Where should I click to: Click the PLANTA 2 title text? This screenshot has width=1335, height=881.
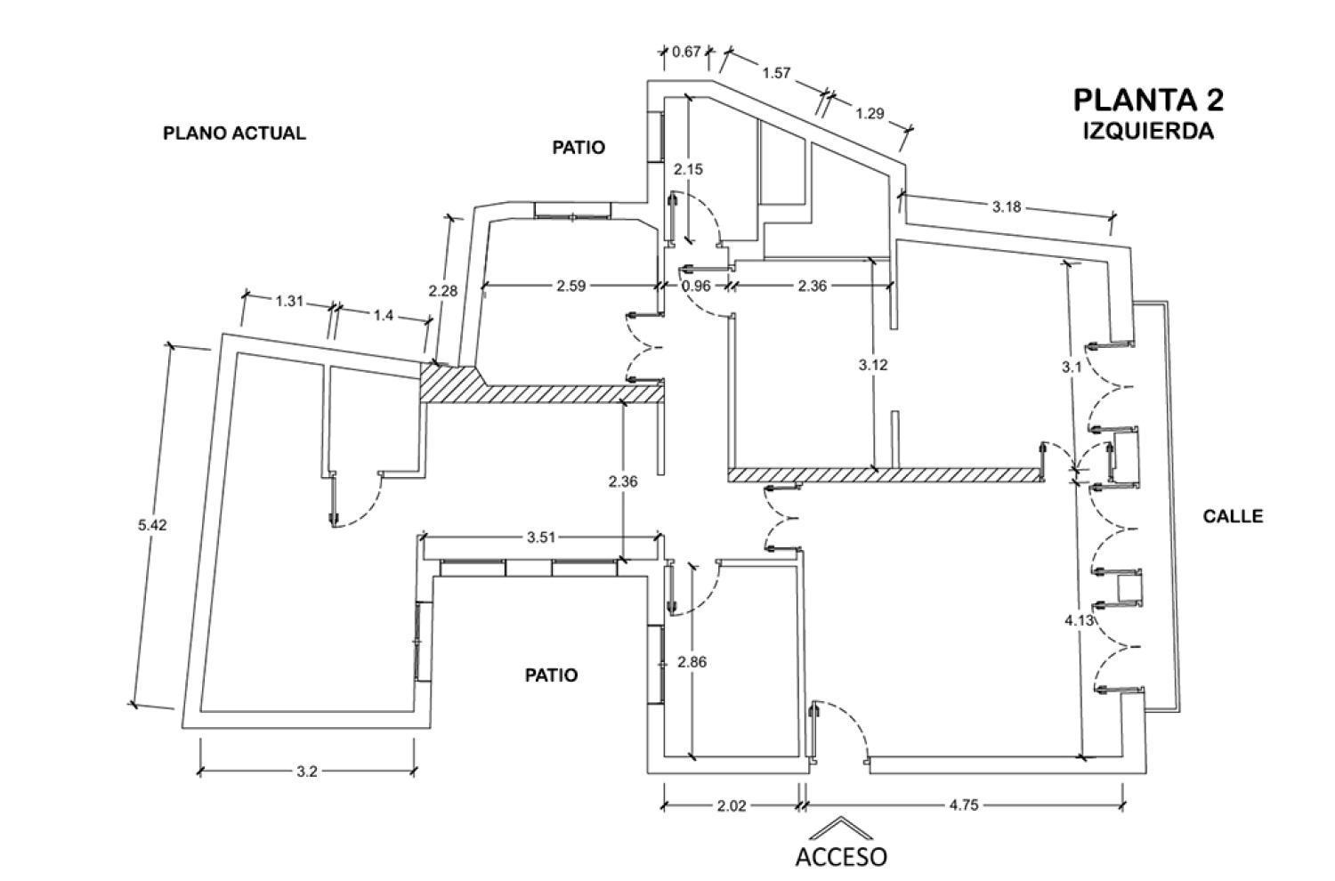pos(1148,100)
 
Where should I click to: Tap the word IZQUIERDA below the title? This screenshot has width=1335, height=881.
pos(1148,131)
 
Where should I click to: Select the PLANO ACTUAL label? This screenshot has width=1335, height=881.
pos(234,133)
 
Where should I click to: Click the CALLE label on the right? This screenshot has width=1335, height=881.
pos(1233,516)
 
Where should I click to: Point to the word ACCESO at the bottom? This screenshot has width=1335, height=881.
pos(840,857)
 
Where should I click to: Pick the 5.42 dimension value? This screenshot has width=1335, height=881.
pos(152,525)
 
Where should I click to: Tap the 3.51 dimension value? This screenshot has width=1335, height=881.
pos(541,537)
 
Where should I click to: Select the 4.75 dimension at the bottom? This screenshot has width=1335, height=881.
pos(964,805)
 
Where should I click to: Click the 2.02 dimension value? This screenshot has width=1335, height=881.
pos(731,805)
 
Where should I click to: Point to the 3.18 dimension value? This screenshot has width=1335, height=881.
pos(1007,207)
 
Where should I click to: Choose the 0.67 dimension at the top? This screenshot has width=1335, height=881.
pos(686,52)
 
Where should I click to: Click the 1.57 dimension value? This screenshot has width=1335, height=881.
pos(776,73)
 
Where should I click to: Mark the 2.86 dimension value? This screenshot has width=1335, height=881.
pos(692,662)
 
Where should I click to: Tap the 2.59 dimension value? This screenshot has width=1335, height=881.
pos(570,286)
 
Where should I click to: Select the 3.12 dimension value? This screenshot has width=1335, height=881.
pos(873,365)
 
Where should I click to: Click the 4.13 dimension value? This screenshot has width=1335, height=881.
pos(1079,621)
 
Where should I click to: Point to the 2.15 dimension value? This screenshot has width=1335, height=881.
pos(688,169)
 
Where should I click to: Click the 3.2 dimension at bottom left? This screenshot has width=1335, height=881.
pos(306,772)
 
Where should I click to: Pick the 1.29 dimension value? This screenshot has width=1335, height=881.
pos(870,113)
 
